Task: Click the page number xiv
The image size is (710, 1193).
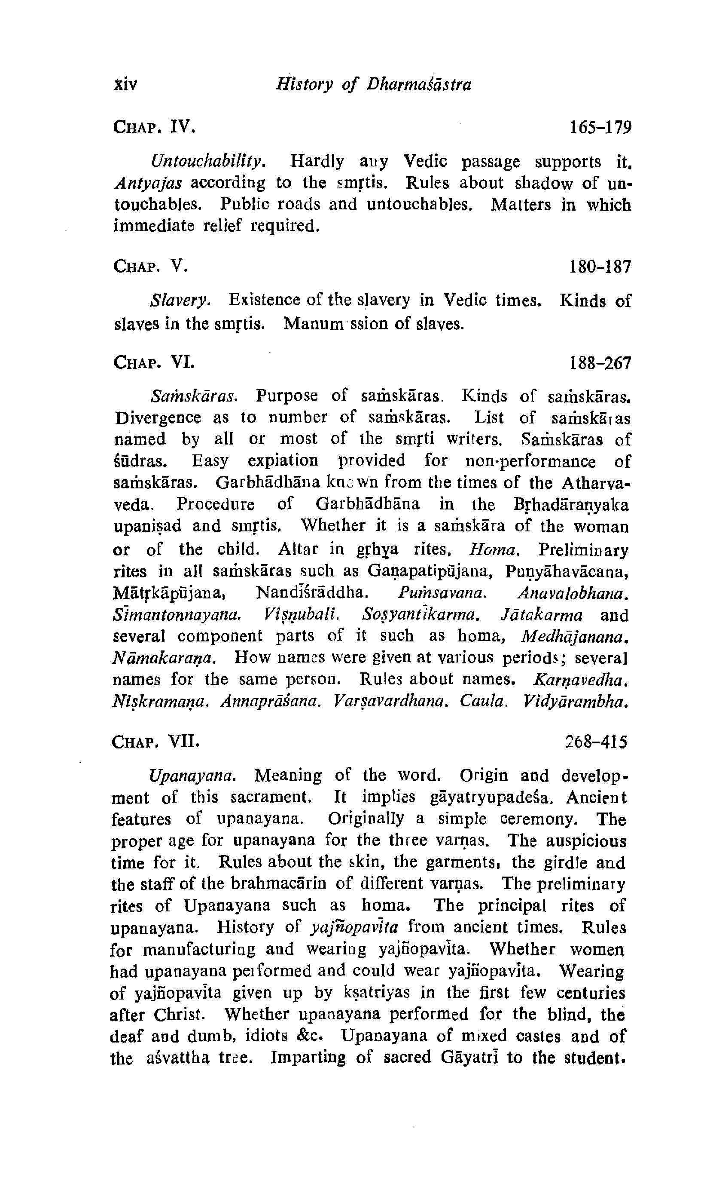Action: click(126, 84)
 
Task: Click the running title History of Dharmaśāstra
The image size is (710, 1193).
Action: click(374, 84)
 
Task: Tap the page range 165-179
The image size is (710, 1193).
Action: click(600, 127)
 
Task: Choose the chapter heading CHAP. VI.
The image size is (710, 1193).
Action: click(154, 362)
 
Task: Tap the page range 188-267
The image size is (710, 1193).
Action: click(600, 363)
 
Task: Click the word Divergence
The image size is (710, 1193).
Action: click(158, 417)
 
